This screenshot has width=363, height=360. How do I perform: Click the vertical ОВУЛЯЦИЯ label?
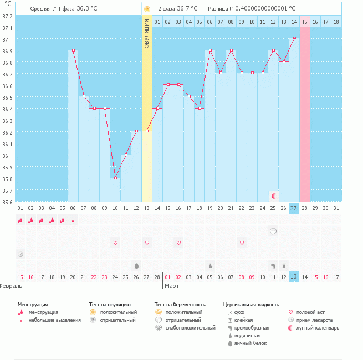146,33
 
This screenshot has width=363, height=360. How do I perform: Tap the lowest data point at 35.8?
115,178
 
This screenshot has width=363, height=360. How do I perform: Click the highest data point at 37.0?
294,38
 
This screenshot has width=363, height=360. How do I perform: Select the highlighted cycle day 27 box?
294,208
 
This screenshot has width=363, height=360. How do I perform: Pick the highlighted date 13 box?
294,276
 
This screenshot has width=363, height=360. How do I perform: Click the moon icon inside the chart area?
273,196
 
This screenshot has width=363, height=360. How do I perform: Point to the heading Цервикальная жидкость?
251,305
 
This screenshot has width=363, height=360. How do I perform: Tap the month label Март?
172,286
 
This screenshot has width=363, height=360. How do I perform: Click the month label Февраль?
11,286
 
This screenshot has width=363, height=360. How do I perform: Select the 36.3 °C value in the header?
90,9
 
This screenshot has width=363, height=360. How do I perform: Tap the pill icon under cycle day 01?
21,254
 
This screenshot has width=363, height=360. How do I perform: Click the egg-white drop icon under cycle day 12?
136,265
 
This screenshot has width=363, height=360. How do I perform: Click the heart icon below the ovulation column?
147,243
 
